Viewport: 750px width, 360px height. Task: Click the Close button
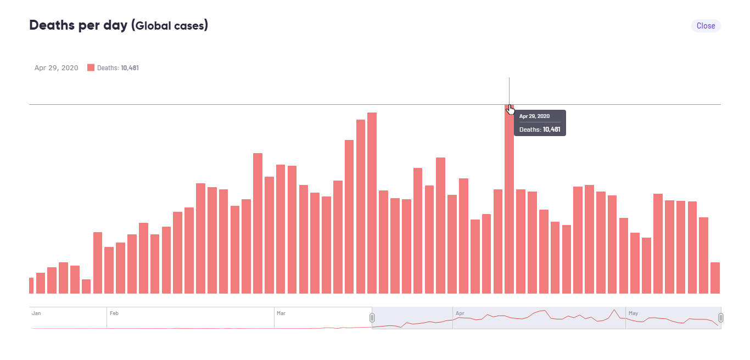point(706,26)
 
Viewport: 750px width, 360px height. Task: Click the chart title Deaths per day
point(79,25)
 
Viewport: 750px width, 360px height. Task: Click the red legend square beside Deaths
point(91,67)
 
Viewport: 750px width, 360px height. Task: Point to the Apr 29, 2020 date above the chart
point(56,68)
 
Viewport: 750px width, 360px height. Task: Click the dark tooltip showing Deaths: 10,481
point(540,123)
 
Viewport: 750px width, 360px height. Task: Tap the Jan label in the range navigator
point(36,313)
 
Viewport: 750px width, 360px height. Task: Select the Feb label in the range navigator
point(114,313)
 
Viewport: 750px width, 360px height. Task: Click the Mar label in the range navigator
point(281,313)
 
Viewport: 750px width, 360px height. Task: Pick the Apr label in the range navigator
point(460,313)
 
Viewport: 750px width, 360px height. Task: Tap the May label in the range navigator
point(634,313)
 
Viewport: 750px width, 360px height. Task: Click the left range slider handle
point(372,318)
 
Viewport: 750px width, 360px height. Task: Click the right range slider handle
point(721,318)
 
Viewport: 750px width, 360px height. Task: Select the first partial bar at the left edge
point(31,285)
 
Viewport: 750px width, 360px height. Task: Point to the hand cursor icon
point(511,110)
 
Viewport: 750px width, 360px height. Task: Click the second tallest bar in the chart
point(372,203)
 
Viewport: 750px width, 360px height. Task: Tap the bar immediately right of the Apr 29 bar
point(520,241)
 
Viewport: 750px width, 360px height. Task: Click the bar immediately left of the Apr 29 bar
point(498,241)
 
